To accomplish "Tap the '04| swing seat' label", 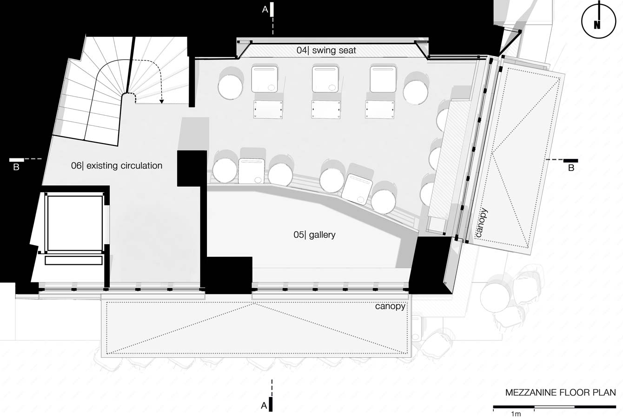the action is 326,50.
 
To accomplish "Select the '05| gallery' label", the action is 314,235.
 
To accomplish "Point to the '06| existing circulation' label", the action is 117,166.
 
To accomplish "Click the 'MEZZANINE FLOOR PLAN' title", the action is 560,392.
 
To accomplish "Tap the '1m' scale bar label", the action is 516,414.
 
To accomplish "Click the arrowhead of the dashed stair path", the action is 161,102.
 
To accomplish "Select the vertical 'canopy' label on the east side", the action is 483,222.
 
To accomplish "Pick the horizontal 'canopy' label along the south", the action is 390,306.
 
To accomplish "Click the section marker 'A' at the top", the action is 265,10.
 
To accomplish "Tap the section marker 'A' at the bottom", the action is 264,406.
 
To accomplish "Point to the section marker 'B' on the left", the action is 16,167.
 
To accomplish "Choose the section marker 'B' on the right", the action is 571,168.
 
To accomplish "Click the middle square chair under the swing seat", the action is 325,79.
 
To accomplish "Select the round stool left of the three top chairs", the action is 230,86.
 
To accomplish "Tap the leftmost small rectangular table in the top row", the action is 268,110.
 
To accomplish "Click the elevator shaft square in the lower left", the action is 75,223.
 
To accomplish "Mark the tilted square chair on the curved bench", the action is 357,189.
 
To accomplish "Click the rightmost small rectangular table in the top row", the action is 380,110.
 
